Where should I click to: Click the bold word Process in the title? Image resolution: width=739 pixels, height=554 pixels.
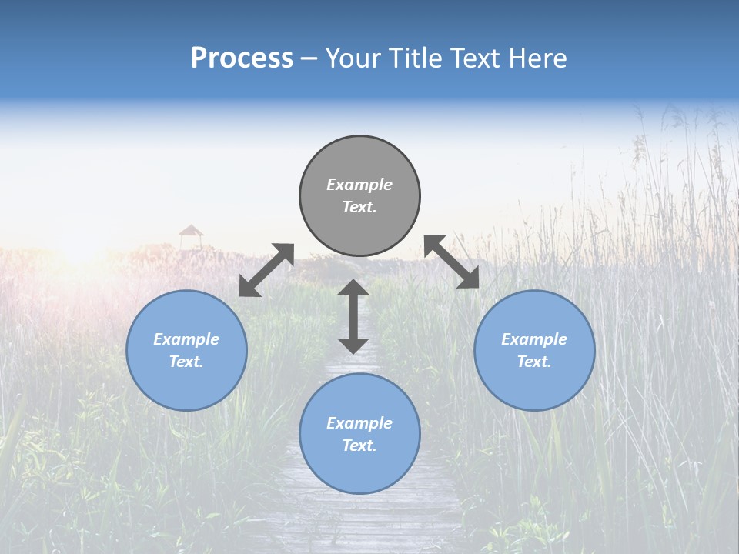(242, 58)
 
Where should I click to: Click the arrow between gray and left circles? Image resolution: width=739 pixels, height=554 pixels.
(266, 270)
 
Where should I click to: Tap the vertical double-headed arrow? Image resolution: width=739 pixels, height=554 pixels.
(353, 316)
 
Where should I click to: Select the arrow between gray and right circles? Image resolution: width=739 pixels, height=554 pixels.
(452, 262)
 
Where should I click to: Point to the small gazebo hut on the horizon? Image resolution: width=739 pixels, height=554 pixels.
(191, 235)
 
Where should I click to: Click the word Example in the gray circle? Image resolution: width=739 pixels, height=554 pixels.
(359, 185)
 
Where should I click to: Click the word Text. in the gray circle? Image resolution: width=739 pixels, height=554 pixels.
(359, 207)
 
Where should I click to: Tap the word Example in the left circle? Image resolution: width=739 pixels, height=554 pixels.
(186, 339)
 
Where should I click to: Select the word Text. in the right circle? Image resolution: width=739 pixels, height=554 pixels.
(534, 362)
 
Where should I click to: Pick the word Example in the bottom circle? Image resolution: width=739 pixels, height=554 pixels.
(359, 423)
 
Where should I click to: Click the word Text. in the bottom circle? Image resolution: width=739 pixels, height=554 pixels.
(359, 446)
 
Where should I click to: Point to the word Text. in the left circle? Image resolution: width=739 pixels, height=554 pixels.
(186, 362)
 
